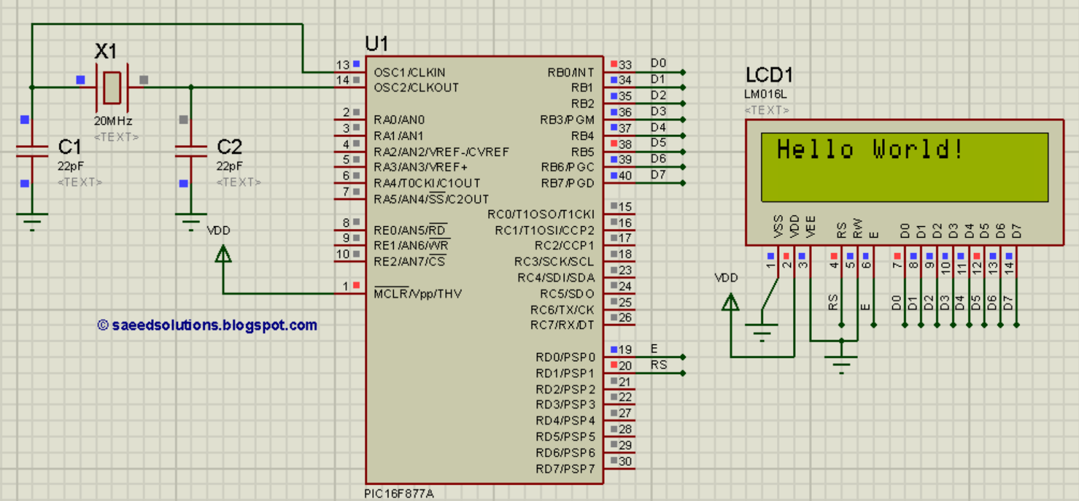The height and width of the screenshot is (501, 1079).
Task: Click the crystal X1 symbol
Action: click(112, 87)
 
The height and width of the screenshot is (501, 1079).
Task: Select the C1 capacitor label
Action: click(69, 147)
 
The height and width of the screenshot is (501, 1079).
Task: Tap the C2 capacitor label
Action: click(229, 147)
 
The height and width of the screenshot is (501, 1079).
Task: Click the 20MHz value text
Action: click(113, 121)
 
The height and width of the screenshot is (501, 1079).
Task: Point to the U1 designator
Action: click(377, 44)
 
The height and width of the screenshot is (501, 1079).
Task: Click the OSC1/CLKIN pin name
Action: click(409, 72)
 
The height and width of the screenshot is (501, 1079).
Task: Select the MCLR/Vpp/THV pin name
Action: click(417, 293)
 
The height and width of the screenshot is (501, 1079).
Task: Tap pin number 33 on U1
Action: click(625, 65)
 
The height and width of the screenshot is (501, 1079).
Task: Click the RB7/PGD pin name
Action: click(568, 183)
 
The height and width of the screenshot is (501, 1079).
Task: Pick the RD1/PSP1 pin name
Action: click(566, 373)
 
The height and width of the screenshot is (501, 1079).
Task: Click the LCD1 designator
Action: click(769, 75)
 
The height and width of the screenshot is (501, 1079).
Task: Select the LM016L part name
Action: click(765, 94)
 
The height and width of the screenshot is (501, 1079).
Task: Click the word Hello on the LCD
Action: click(815, 149)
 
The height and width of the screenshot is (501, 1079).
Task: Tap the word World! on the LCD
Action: click(918, 149)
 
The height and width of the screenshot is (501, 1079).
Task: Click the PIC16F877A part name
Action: click(399, 494)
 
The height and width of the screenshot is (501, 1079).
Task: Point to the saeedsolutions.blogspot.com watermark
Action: click(207, 325)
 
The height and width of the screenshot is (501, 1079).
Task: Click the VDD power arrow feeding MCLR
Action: click(223, 254)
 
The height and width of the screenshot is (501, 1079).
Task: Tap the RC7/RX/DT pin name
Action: click(562, 325)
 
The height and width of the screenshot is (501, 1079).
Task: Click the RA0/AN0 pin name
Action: click(399, 120)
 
